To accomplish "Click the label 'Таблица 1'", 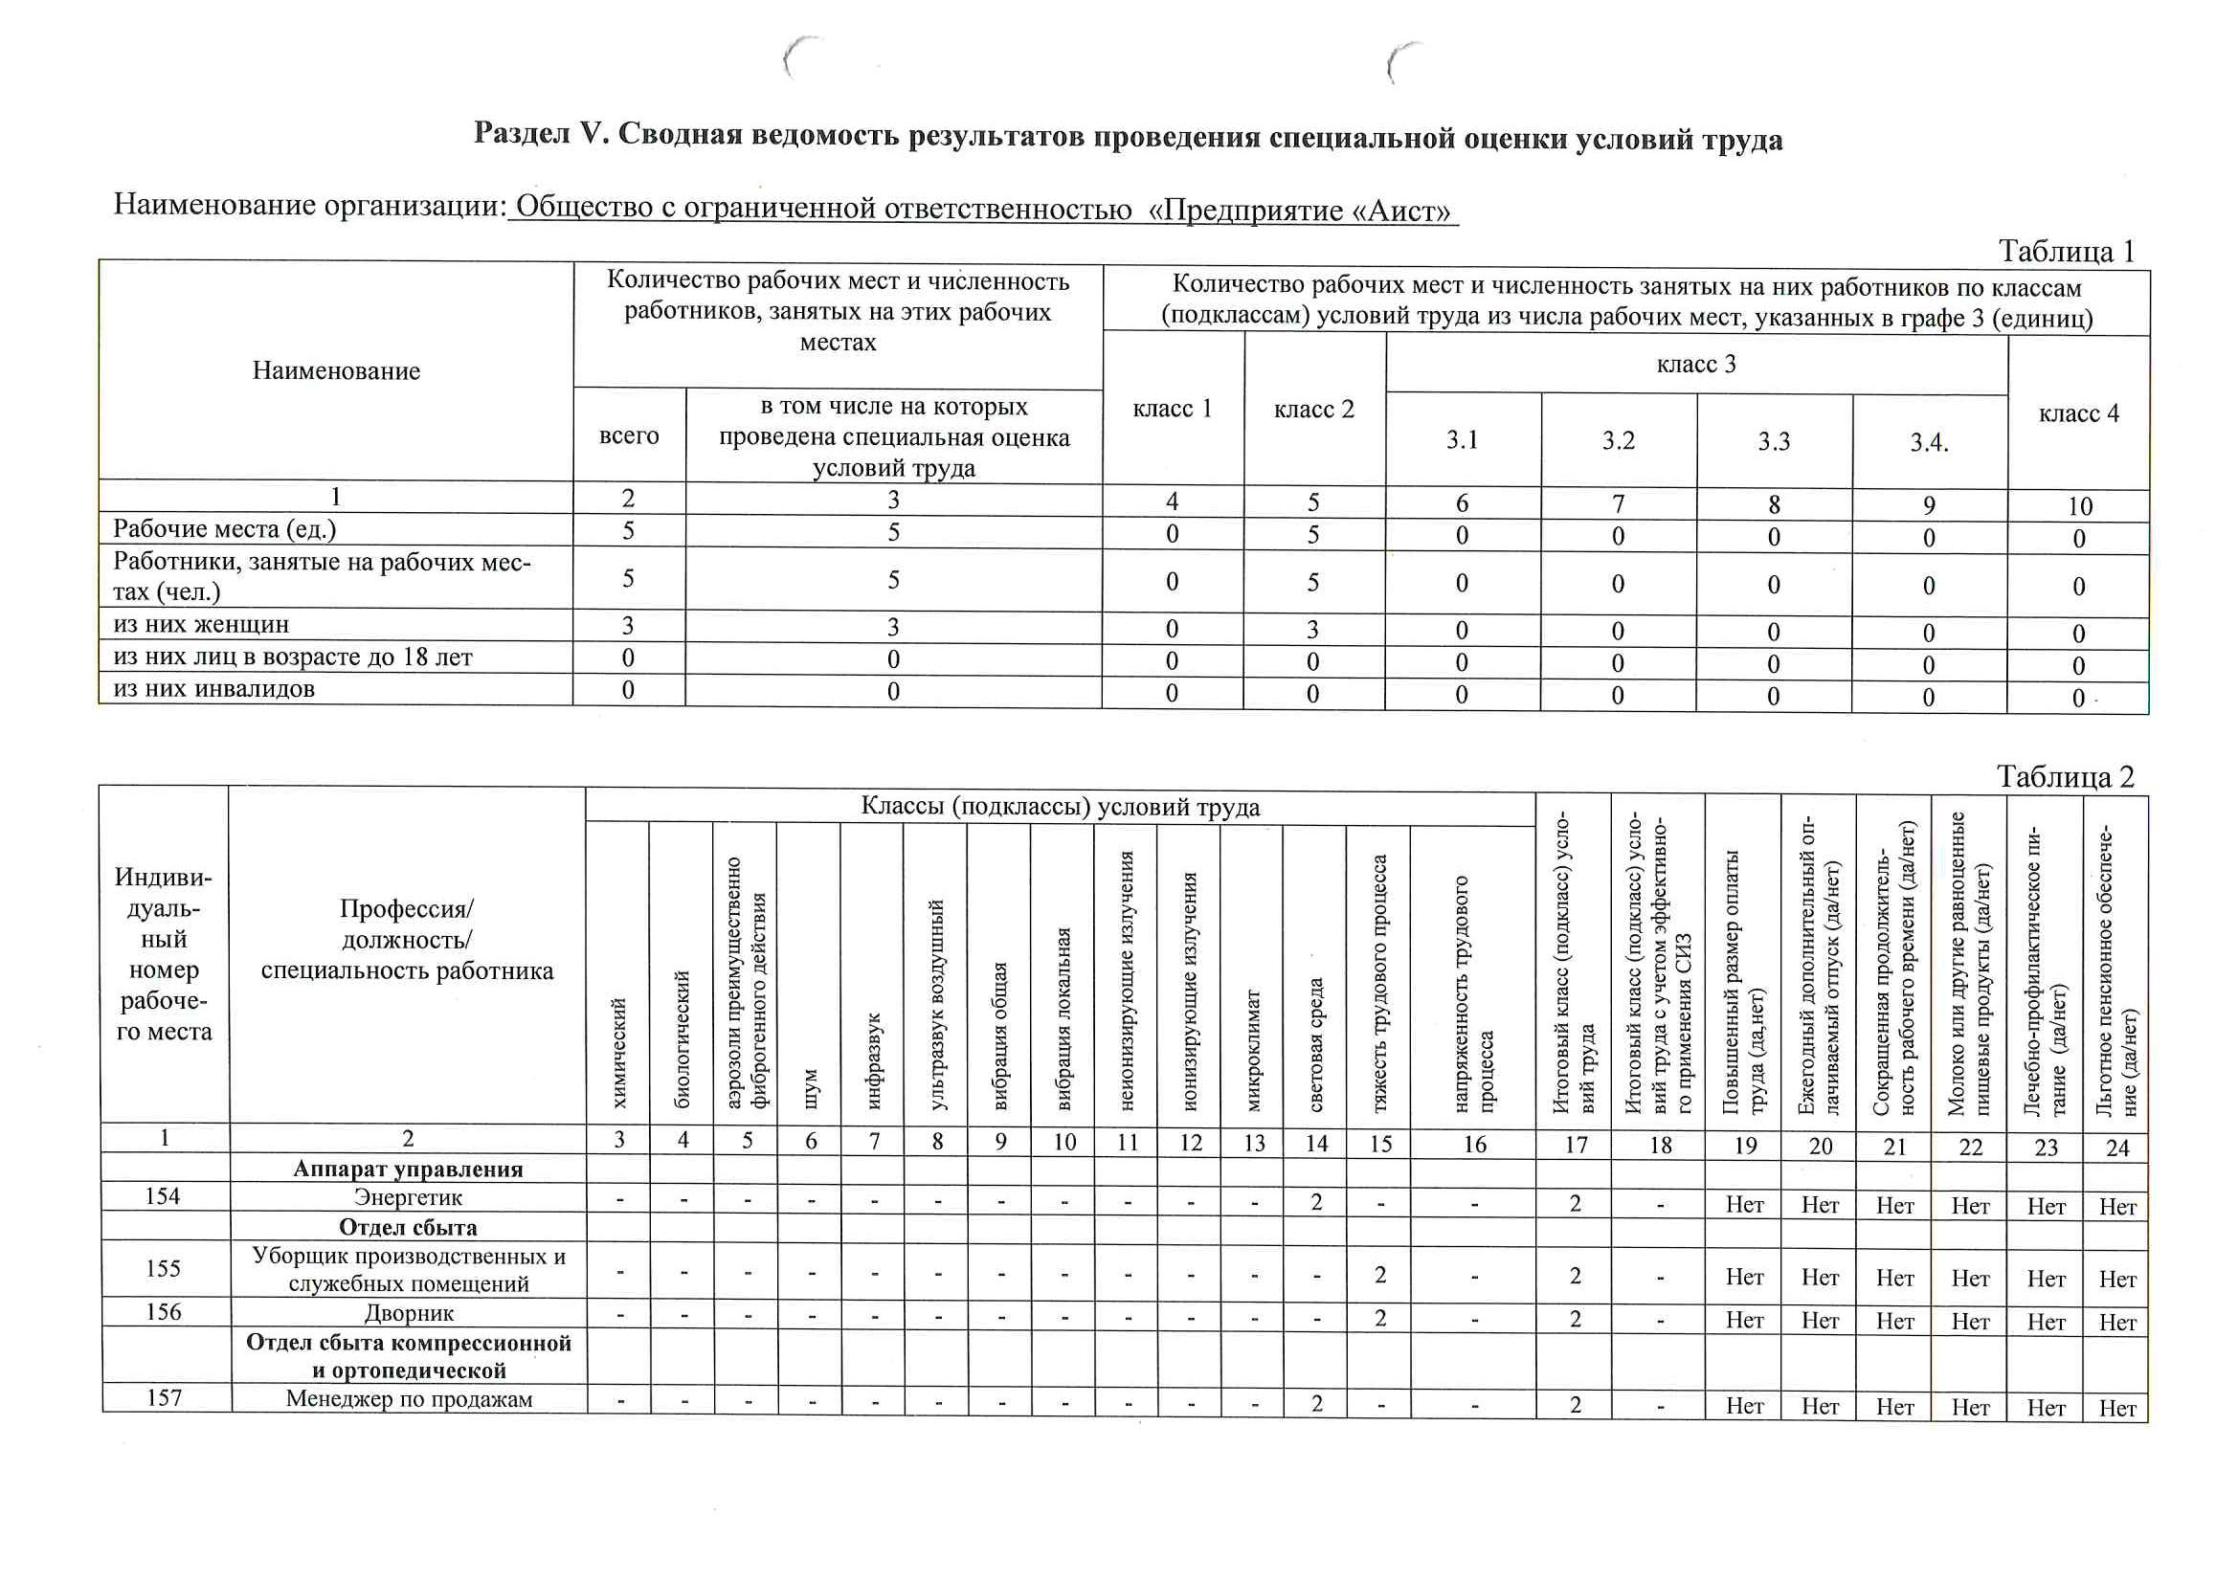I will [2066, 252].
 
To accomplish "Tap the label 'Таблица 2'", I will [2065, 777].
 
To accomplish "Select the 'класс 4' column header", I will [2078, 413].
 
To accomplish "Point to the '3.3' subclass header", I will [1773, 441].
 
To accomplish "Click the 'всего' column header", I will [629, 435].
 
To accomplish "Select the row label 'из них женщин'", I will [201, 625].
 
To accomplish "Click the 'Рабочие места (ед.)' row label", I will [224, 529].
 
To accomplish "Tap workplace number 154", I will [163, 1196].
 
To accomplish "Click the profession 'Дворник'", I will [409, 1313].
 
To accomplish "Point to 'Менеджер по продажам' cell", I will [409, 1399].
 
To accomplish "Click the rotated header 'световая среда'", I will [1316, 1044].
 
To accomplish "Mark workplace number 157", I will [164, 1398].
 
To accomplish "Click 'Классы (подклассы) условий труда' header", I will [1060, 807].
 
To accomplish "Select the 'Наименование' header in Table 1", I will [336, 371].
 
